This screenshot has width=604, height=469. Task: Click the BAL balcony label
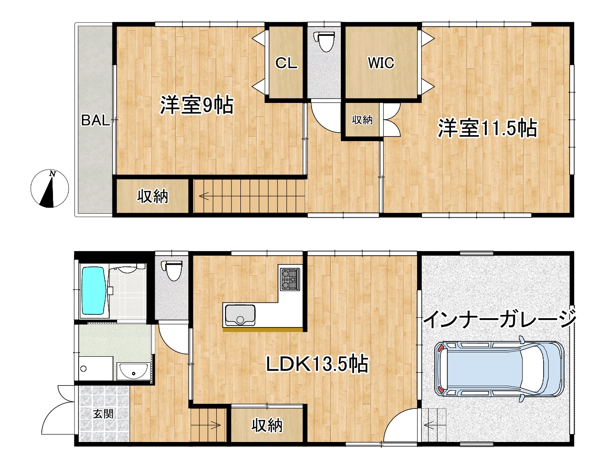point(95,120)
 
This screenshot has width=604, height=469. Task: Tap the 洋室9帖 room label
point(197,105)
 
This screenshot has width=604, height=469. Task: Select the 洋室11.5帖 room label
point(488,129)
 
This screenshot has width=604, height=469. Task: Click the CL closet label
point(286,63)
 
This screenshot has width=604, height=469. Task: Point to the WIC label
point(381,63)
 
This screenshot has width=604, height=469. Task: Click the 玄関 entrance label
point(103,414)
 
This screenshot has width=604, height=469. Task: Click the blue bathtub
point(94,291)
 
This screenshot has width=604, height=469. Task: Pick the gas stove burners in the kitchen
point(290,279)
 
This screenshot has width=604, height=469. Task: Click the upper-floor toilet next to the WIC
point(324,41)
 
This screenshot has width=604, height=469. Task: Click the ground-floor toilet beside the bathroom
point(172,271)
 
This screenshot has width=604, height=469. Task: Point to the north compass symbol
point(50,189)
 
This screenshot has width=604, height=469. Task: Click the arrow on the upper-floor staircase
point(204,197)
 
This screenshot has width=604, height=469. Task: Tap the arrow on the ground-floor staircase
point(216,425)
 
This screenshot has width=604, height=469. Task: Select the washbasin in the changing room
point(133,371)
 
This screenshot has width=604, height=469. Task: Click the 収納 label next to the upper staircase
point(153,197)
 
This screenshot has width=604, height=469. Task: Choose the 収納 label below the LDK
point(267,425)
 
